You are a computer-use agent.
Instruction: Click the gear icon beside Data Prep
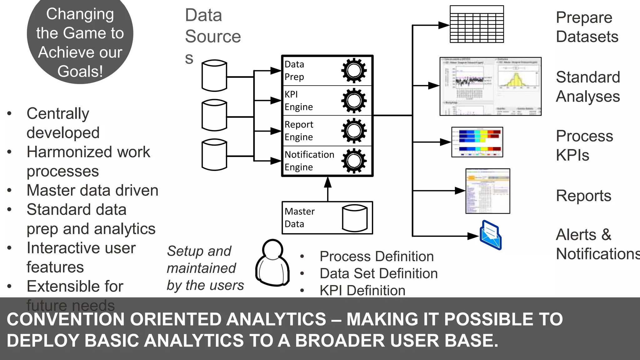354,71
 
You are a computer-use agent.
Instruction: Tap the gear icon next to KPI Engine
354,101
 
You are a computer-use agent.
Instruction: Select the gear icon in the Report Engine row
354,131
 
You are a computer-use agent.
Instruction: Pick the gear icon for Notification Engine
354,161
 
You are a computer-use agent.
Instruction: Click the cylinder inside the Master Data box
355,218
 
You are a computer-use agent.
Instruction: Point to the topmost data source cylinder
214,76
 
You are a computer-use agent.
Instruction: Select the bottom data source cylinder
214,155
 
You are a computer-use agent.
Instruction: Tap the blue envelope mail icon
491,235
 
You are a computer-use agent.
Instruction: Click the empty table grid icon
477,24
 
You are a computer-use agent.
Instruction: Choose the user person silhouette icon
273,263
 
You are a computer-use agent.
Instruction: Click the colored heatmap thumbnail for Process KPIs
477,142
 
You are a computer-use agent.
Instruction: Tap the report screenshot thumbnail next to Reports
487,191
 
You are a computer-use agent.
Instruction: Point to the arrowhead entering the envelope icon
473,236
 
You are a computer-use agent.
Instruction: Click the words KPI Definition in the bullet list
362,290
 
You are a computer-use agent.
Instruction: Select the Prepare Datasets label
587,27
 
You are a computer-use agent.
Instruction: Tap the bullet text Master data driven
92,190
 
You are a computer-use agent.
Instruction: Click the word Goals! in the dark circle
80,71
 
